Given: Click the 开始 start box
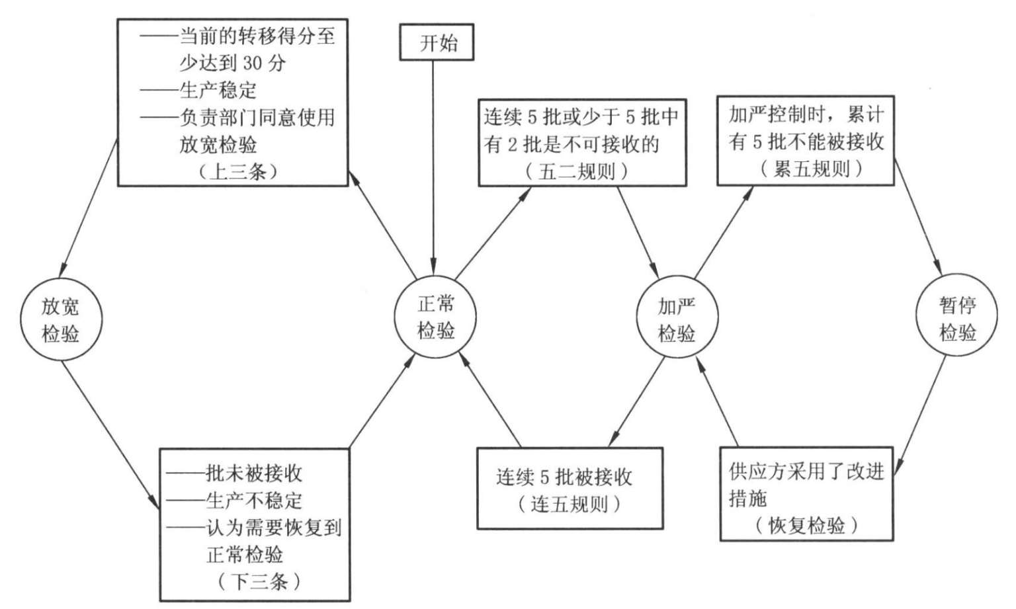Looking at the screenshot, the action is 437,42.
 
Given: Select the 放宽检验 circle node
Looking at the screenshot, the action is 62,319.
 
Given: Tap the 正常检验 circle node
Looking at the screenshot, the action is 435,317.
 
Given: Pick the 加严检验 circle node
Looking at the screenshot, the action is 677,317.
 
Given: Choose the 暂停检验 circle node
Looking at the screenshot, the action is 956,315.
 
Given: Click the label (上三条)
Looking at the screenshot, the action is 237,171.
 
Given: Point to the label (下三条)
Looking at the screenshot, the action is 259,582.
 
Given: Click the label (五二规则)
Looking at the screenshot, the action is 577,171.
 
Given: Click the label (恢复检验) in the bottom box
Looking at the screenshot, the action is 806,526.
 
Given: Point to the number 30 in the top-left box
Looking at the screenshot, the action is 253,63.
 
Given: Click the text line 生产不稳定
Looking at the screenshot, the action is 234,501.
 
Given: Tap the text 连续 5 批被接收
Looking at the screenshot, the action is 564,477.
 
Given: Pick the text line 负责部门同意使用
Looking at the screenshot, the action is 237,118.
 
